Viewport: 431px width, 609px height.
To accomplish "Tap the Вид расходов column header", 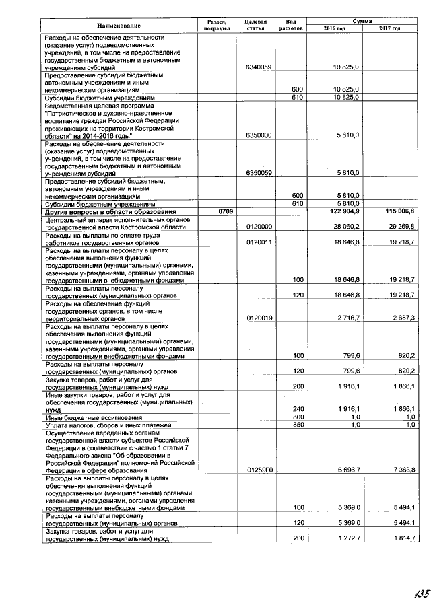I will [290, 26].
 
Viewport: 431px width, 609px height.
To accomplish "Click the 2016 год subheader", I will [335, 29].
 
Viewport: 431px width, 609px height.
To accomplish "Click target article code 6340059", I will [259, 67].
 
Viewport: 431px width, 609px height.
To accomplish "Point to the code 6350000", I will [259, 135].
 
